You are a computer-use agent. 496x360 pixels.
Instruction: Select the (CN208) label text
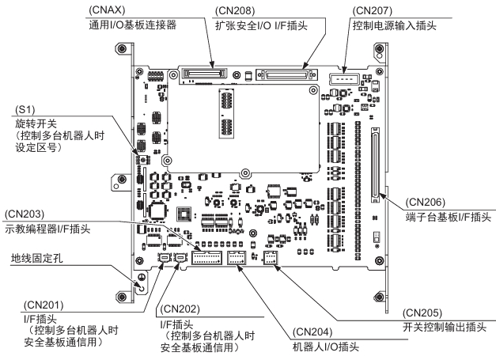pyautogui.click(x=236, y=11)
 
